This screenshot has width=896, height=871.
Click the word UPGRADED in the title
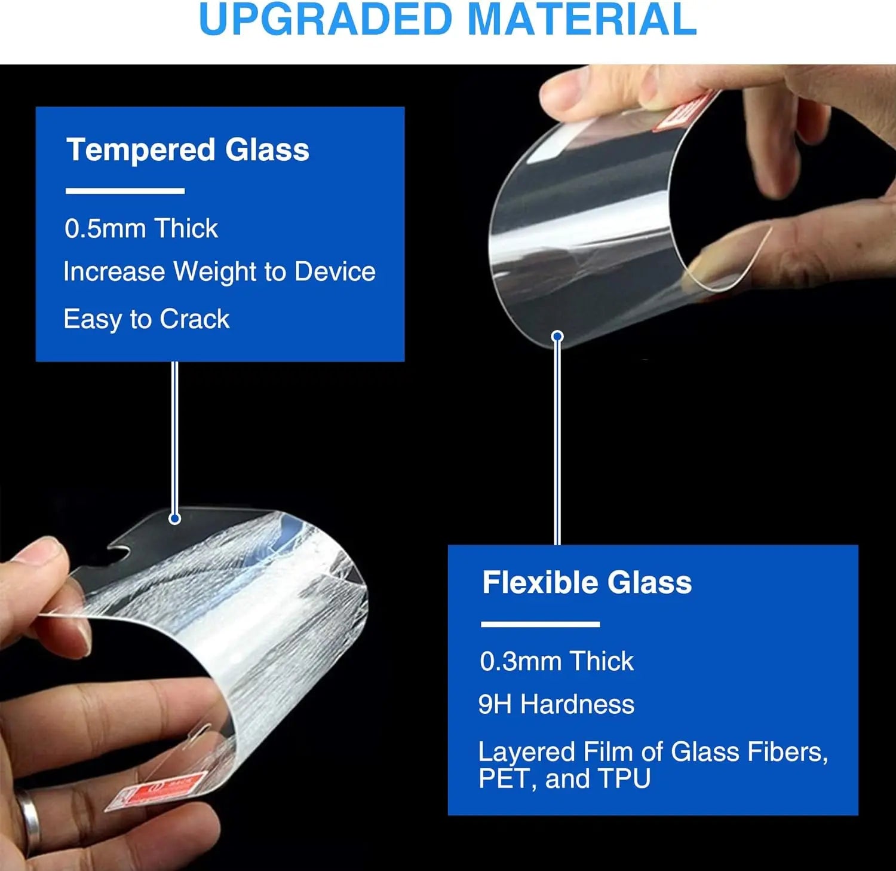pyautogui.click(x=326, y=19)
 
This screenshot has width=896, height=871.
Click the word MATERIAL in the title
pyautogui.click(x=582, y=19)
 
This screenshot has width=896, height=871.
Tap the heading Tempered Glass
pyautogui.click(x=188, y=149)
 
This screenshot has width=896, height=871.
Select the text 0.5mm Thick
pyautogui.click(x=141, y=228)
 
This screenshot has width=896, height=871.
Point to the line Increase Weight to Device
pyautogui.click(x=219, y=271)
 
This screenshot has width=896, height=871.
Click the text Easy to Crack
pyautogui.click(x=146, y=319)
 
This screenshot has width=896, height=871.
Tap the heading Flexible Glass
pyautogui.click(x=587, y=582)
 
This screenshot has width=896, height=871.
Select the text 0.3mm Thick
pyautogui.click(x=556, y=661)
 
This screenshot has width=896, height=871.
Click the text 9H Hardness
pyautogui.click(x=556, y=704)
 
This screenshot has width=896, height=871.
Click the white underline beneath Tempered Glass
pyautogui.click(x=125, y=191)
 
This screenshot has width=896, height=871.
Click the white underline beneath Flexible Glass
pyautogui.click(x=540, y=624)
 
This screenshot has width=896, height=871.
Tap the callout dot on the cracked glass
pyautogui.click(x=175, y=518)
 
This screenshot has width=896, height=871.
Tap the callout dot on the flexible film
pyautogui.click(x=557, y=337)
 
